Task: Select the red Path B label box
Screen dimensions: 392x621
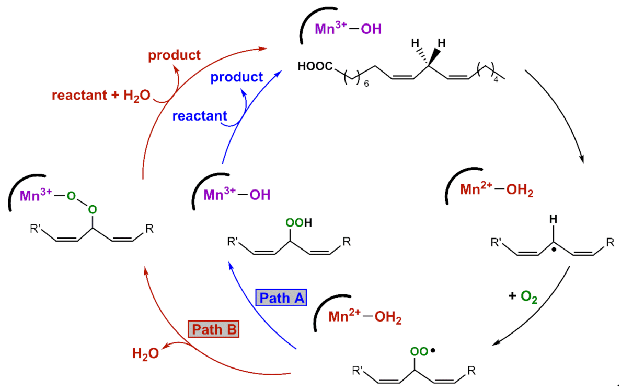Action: coord(213,330)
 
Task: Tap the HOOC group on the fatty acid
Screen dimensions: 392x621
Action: coord(315,67)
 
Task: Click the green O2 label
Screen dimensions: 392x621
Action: coord(530,296)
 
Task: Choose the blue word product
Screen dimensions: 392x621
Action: coord(236,77)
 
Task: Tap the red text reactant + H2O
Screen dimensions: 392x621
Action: coord(101,95)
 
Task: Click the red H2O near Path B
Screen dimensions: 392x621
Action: coord(144,354)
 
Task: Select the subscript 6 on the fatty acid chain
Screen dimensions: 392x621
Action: coord(366,84)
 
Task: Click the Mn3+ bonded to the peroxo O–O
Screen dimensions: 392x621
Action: coord(36,196)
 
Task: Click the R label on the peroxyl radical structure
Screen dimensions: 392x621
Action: coord(471,371)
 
